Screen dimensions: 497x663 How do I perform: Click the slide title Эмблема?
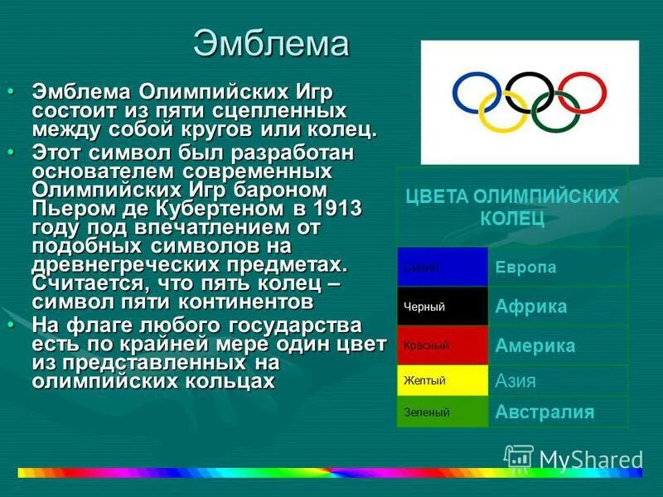271,44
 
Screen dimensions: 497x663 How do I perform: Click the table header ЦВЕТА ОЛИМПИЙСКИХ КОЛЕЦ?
511,207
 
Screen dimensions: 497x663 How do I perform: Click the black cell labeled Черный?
443,307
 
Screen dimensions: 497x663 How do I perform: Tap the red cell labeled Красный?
443,345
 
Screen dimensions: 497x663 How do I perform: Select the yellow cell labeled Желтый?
443,381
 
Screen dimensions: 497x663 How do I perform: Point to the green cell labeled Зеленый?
443,412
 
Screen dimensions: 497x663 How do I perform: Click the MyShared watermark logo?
573,459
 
